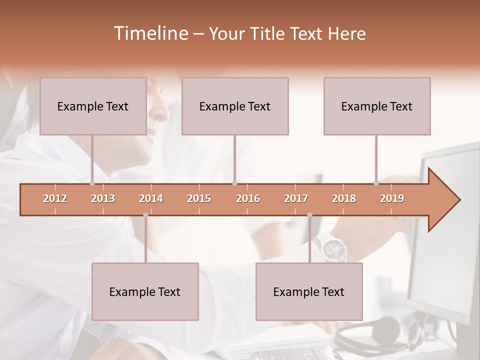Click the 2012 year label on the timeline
coord(55,198)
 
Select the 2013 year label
coord(103,198)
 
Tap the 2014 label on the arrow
coord(151,198)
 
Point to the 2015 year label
coord(199,198)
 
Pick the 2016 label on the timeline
coord(248,198)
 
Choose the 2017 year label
coord(296,198)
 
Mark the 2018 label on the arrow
coord(344,198)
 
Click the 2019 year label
coord(392,198)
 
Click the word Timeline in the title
coord(150,33)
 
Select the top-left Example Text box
coord(93,106)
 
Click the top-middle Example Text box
coord(235,106)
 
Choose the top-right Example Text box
coord(377,106)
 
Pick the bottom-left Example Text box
coord(145,291)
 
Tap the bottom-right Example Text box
coord(309,291)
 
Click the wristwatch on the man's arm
coord(331,247)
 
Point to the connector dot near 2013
coord(92,183)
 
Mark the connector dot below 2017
coord(309,215)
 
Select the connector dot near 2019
coord(376,183)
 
